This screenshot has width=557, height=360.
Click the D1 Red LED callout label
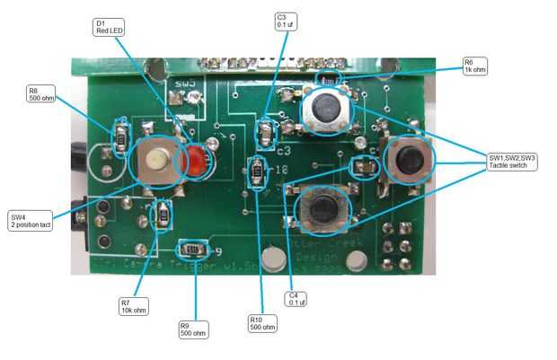point(109,25)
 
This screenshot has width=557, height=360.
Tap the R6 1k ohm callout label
point(474,66)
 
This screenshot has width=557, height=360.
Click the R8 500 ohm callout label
point(42,94)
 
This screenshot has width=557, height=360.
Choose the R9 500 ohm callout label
point(190,330)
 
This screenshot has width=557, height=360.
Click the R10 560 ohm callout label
point(263,323)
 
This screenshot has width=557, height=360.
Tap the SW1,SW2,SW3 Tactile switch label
point(512,162)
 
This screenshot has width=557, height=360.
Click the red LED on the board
point(196,162)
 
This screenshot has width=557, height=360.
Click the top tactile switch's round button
point(324,109)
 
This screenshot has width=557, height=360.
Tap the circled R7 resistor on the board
point(163,215)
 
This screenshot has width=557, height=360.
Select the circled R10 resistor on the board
point(257,170)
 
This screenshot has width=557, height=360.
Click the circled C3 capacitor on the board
point(265,133)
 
